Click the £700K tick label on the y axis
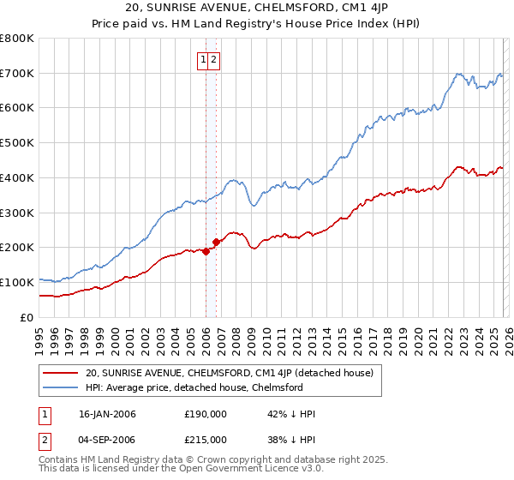17,74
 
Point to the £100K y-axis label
17,282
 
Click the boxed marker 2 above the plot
213,60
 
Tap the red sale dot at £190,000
206,251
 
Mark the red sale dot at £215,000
216,243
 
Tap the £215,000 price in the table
205,440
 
